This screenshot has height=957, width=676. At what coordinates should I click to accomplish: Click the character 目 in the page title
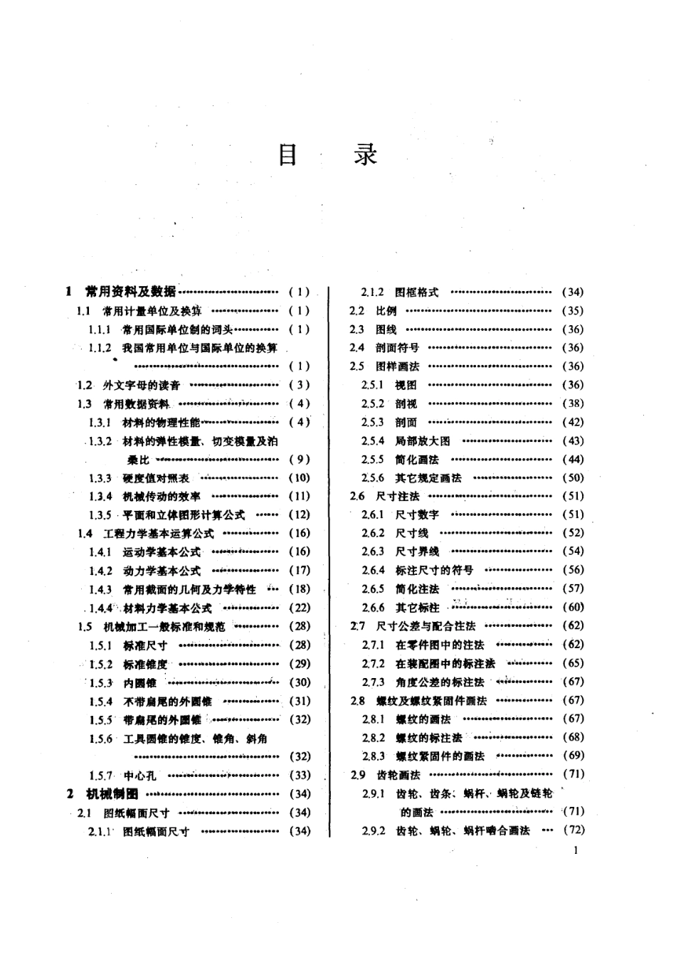tap(287, 154)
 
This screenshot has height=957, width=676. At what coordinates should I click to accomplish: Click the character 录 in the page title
tap(366, 154)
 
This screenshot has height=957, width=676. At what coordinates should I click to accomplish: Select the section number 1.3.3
tap(100, 478)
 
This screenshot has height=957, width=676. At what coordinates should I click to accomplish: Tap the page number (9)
tap(300, 460)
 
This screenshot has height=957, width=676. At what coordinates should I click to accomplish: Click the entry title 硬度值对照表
tap(156, 478)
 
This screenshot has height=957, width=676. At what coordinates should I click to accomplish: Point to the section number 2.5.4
tap(372, 441)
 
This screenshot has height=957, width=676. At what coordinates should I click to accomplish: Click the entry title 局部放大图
tap(423, 441)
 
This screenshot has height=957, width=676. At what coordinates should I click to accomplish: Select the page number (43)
tap(573, 441)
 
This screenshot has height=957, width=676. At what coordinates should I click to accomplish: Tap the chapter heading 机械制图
tap(112, 793)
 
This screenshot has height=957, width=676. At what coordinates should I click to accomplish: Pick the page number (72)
tap(573, 830)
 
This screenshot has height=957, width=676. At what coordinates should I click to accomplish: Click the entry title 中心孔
tap(139, 776)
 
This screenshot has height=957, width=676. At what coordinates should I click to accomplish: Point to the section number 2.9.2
tap(373, 830)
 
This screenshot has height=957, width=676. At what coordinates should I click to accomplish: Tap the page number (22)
tap(300, 608)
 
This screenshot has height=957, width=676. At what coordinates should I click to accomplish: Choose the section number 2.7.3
tap(373, 682)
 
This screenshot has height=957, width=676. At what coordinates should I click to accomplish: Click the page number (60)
tap(573, 607)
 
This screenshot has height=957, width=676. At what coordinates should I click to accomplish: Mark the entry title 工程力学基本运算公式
tap(158, 534)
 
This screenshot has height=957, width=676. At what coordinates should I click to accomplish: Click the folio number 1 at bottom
tap(574, 850)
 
